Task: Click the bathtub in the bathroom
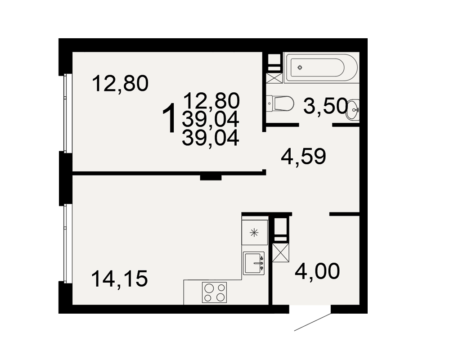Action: coord(321,68)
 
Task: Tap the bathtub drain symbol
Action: coord(300,68)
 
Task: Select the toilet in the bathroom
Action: coord(280,103)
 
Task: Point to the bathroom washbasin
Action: coord(353,109)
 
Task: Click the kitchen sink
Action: coord(254,263)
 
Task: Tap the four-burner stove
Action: coord(214,292)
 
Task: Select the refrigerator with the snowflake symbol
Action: coord(255,232)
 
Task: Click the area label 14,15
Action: coord(120,279)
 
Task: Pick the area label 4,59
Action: coord(303,157)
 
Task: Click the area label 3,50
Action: coord(325,106)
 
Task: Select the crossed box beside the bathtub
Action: coord(273,78)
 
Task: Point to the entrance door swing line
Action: coord(313,322)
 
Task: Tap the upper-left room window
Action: coord(66,113)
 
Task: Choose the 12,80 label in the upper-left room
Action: coord(120,84)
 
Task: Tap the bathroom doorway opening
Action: coord(316,125)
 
